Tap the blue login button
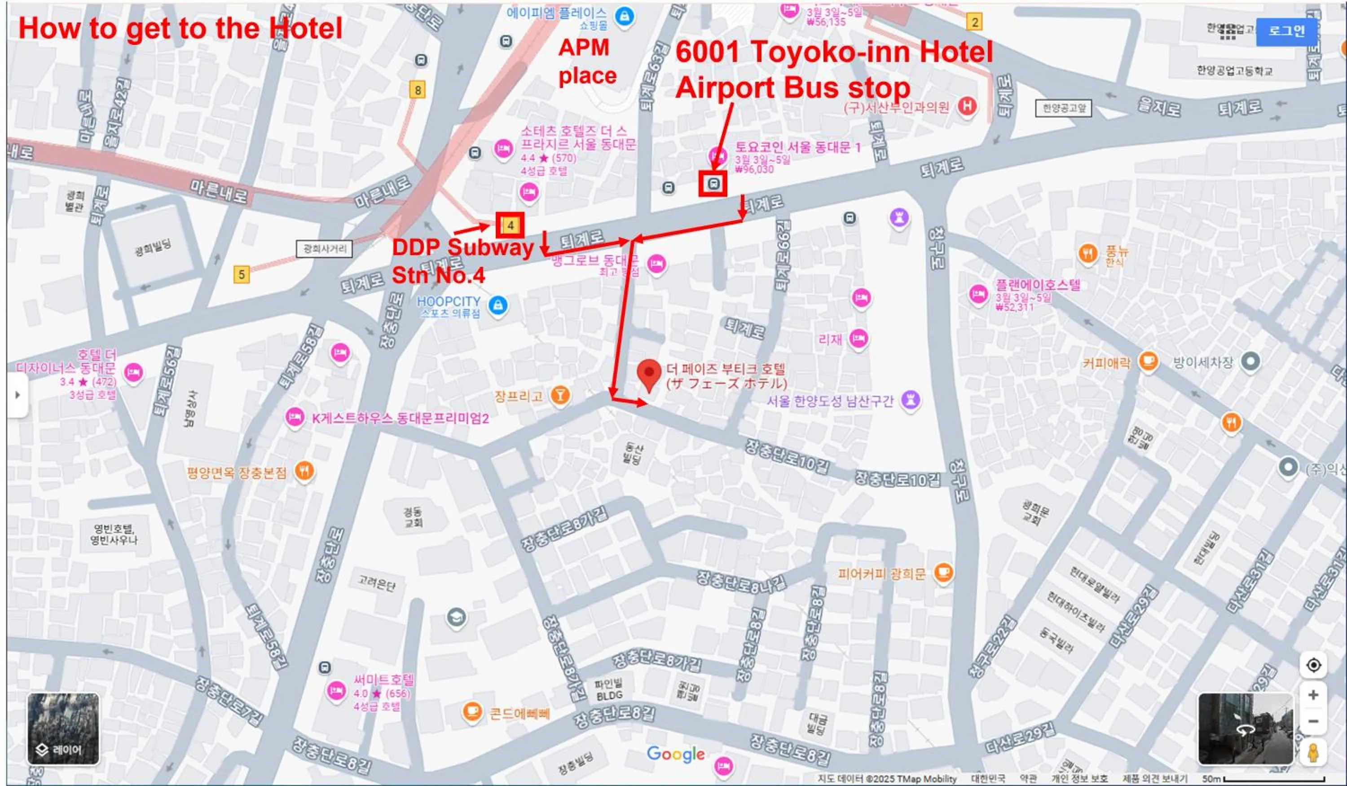[1286, 31]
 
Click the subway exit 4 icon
[511, 225]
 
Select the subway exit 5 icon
[242, 274]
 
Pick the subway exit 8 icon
[418, 90]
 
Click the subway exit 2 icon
[974, 22]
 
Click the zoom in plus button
[1313, 694]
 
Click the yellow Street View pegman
[1313, 753]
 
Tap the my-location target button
[1313, 665]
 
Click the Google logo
[675, 754]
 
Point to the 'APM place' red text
[586, 62]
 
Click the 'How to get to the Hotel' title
[180, 28]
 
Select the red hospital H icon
[966, 106]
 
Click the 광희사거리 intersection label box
[325, 249]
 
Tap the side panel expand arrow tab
[17, 395]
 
